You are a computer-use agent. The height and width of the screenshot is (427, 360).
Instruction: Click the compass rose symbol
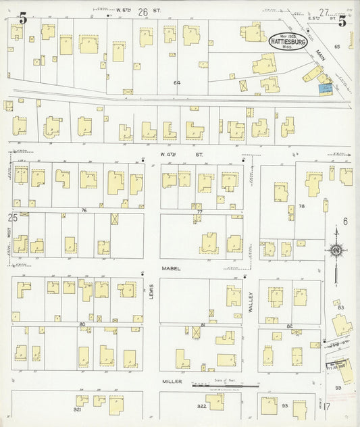point(336,251)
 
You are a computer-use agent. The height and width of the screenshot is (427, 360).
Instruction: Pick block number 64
point(177,82)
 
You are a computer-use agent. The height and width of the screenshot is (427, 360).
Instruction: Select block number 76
point(84,210)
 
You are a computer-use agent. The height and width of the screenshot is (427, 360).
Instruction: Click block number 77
point(199,211)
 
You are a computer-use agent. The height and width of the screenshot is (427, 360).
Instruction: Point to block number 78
point(302,206)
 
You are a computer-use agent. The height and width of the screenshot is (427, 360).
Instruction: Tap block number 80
point(82,324)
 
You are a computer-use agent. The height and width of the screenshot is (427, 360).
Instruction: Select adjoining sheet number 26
point(143,11)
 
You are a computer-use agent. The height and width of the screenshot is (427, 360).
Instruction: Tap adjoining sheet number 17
point(326,407)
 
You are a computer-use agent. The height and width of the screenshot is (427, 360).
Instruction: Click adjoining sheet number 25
point(12,218)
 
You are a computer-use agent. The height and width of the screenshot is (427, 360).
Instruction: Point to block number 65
point(336,46)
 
